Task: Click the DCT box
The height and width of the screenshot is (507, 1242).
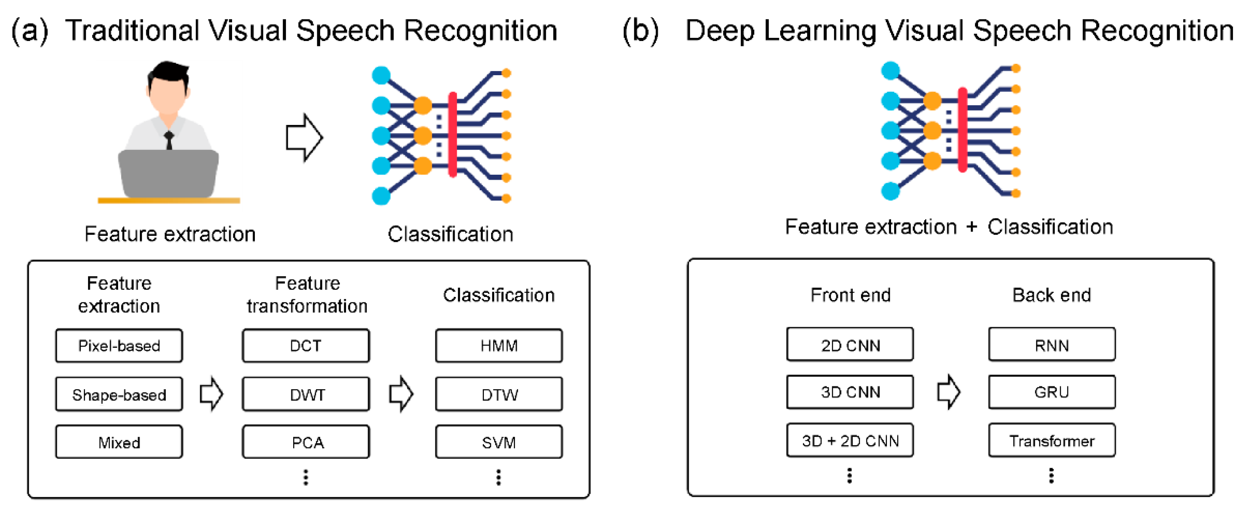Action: (x=306, y=346)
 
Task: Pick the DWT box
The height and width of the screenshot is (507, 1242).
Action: (x=306, y=394)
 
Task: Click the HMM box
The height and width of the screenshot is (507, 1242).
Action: (x=499, y=346)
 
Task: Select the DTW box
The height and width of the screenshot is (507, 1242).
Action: (x=499, y=394)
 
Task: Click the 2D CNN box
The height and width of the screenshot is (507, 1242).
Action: (x=850, y=344)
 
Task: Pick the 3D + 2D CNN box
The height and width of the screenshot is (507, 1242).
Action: (x=850, y=440)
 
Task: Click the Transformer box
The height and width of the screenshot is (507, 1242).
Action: (x=1052, y=440)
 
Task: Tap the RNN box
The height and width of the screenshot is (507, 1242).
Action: (x=1052, y=344)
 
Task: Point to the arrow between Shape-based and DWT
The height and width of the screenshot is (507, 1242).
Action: (x=211, y=394)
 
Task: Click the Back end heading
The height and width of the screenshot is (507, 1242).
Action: (x=1052, y=294)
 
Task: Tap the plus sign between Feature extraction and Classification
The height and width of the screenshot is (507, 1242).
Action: (x=972, y=226)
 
